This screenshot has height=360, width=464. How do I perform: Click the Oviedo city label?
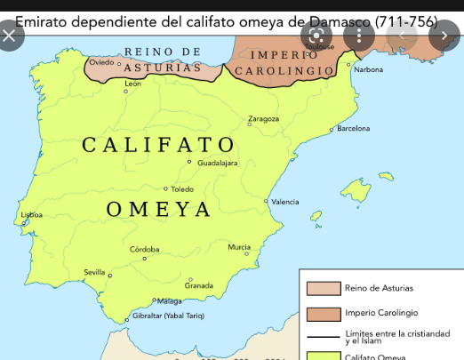click(102, 62)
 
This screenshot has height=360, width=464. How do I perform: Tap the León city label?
click(133, 83)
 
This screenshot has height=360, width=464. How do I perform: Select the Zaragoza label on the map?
click(263, 118)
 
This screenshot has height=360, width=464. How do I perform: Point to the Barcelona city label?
click(354, 129)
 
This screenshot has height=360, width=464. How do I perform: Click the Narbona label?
click(368, 68)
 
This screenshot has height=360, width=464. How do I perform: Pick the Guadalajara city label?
click(217, 163)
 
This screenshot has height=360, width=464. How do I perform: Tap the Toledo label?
click(182, 189)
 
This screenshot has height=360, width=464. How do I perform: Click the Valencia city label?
click(284, 202)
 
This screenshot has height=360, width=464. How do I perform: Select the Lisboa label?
click(32, 215)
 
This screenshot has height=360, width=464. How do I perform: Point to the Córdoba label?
click(144, 250)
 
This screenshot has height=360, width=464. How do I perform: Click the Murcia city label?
click(239, 247)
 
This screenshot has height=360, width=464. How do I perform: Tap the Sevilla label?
click(94, 271)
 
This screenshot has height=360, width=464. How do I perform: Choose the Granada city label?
click(199, 285)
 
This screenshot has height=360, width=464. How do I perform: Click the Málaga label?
click(169, 301)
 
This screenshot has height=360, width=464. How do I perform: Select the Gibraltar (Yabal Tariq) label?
click(170, 316)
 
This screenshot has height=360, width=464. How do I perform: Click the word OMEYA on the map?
click(159, 210)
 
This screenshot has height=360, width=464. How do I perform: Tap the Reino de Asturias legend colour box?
click(324, 288)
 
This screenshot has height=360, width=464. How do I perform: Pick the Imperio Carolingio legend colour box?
click(324, 314)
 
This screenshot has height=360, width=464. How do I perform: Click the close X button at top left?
click(10, 36)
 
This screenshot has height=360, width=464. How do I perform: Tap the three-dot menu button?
click(359, 36)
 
